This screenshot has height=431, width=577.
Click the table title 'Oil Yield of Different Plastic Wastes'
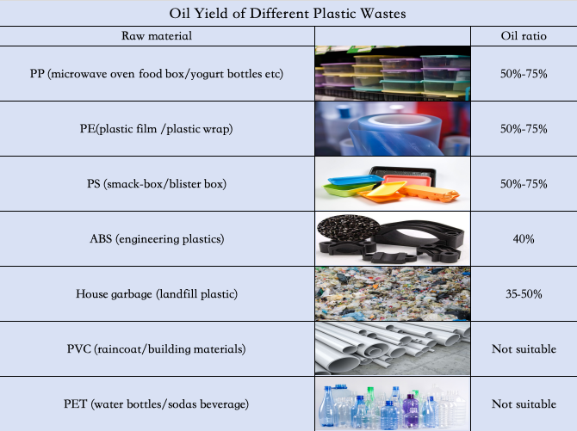(x=288, y=14)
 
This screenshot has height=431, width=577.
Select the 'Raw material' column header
(x=157, y=35)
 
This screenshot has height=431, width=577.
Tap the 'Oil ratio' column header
(x=524, y=35)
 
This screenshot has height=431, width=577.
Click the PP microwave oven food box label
(x=157, y=73)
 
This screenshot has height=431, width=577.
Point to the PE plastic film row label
(x=157, y=129)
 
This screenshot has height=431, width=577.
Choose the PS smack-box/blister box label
(x=157, y=183)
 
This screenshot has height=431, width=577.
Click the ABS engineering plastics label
(x=157, y=238)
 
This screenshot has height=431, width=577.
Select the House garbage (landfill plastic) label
(x=157, y=294)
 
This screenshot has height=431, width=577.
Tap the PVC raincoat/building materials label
(x=157, y=348)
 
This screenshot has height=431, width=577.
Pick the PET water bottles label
(x=157, y=403)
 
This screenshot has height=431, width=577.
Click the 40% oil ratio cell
(x=524, y=239)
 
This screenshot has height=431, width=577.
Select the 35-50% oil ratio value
(x=524, y=294)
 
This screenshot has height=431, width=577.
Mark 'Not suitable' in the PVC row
(x=524, y=348)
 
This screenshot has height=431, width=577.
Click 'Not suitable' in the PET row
(x=524, y=403)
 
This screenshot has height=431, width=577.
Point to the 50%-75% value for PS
(x=524, y=184)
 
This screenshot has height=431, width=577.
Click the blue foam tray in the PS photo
(x=354, y=180)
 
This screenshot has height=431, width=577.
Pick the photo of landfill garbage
(x=393, y=294)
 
